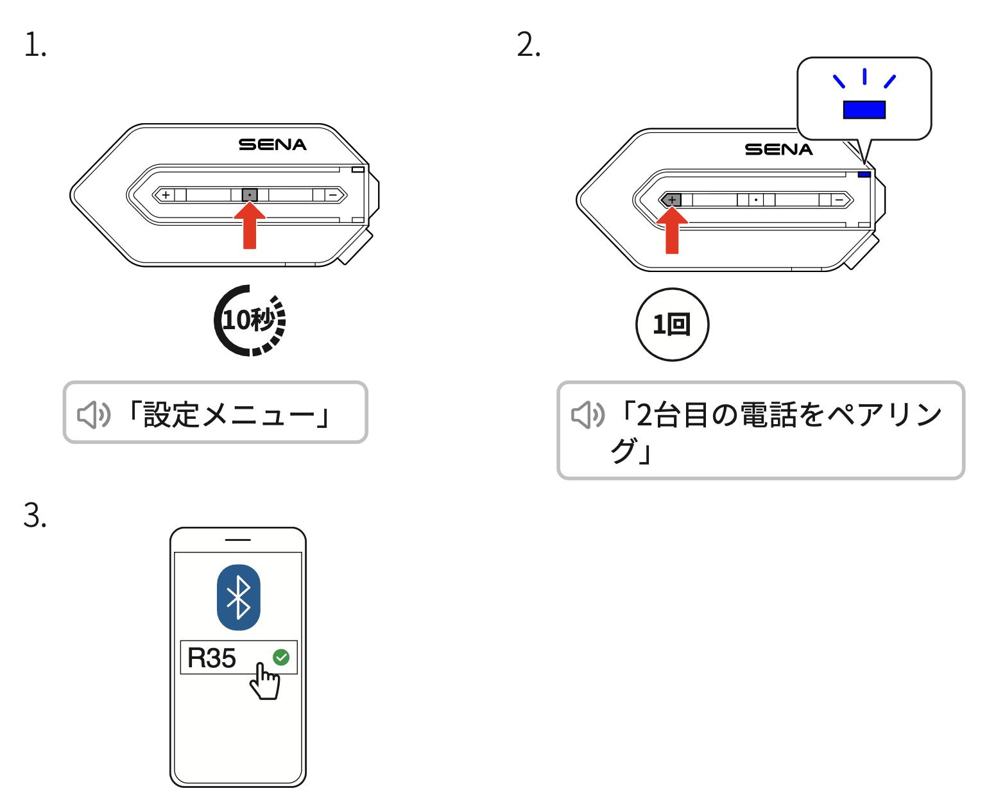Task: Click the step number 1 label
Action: (35, 46)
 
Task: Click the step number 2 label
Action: (528, 46)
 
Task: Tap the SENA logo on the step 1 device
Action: (273, 145)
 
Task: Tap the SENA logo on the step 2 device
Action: (778, 149)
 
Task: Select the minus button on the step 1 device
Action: (332, 195)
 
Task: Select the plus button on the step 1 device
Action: (166, 195)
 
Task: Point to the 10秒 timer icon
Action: (250, 320)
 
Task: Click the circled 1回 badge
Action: (672, 325)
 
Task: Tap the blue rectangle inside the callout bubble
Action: (864, 110)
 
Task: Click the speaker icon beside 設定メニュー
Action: (94, 415)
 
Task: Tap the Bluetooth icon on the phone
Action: (239, 597)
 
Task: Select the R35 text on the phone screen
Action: (212, 658)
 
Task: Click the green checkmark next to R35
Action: (281, 657)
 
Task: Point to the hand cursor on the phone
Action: (264, 681)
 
